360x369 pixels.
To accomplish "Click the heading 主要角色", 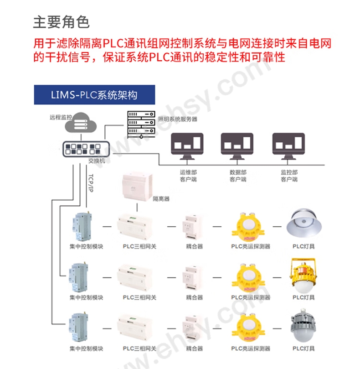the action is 61,22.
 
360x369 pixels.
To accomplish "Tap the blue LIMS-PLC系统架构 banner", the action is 94,94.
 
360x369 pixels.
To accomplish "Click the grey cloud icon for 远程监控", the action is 81,123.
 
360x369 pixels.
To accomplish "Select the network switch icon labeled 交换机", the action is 86,149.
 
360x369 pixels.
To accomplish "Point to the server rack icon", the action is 141,124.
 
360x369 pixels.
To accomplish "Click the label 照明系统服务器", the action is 178,119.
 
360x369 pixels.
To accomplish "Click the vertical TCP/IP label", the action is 91,183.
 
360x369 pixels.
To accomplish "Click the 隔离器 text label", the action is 161,199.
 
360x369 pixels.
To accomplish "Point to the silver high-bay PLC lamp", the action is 304,223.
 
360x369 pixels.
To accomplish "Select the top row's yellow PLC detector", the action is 248,227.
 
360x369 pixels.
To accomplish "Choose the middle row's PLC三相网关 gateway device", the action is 135,277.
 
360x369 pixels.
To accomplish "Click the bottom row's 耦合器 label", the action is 194,348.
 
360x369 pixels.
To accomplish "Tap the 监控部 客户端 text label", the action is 289,176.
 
